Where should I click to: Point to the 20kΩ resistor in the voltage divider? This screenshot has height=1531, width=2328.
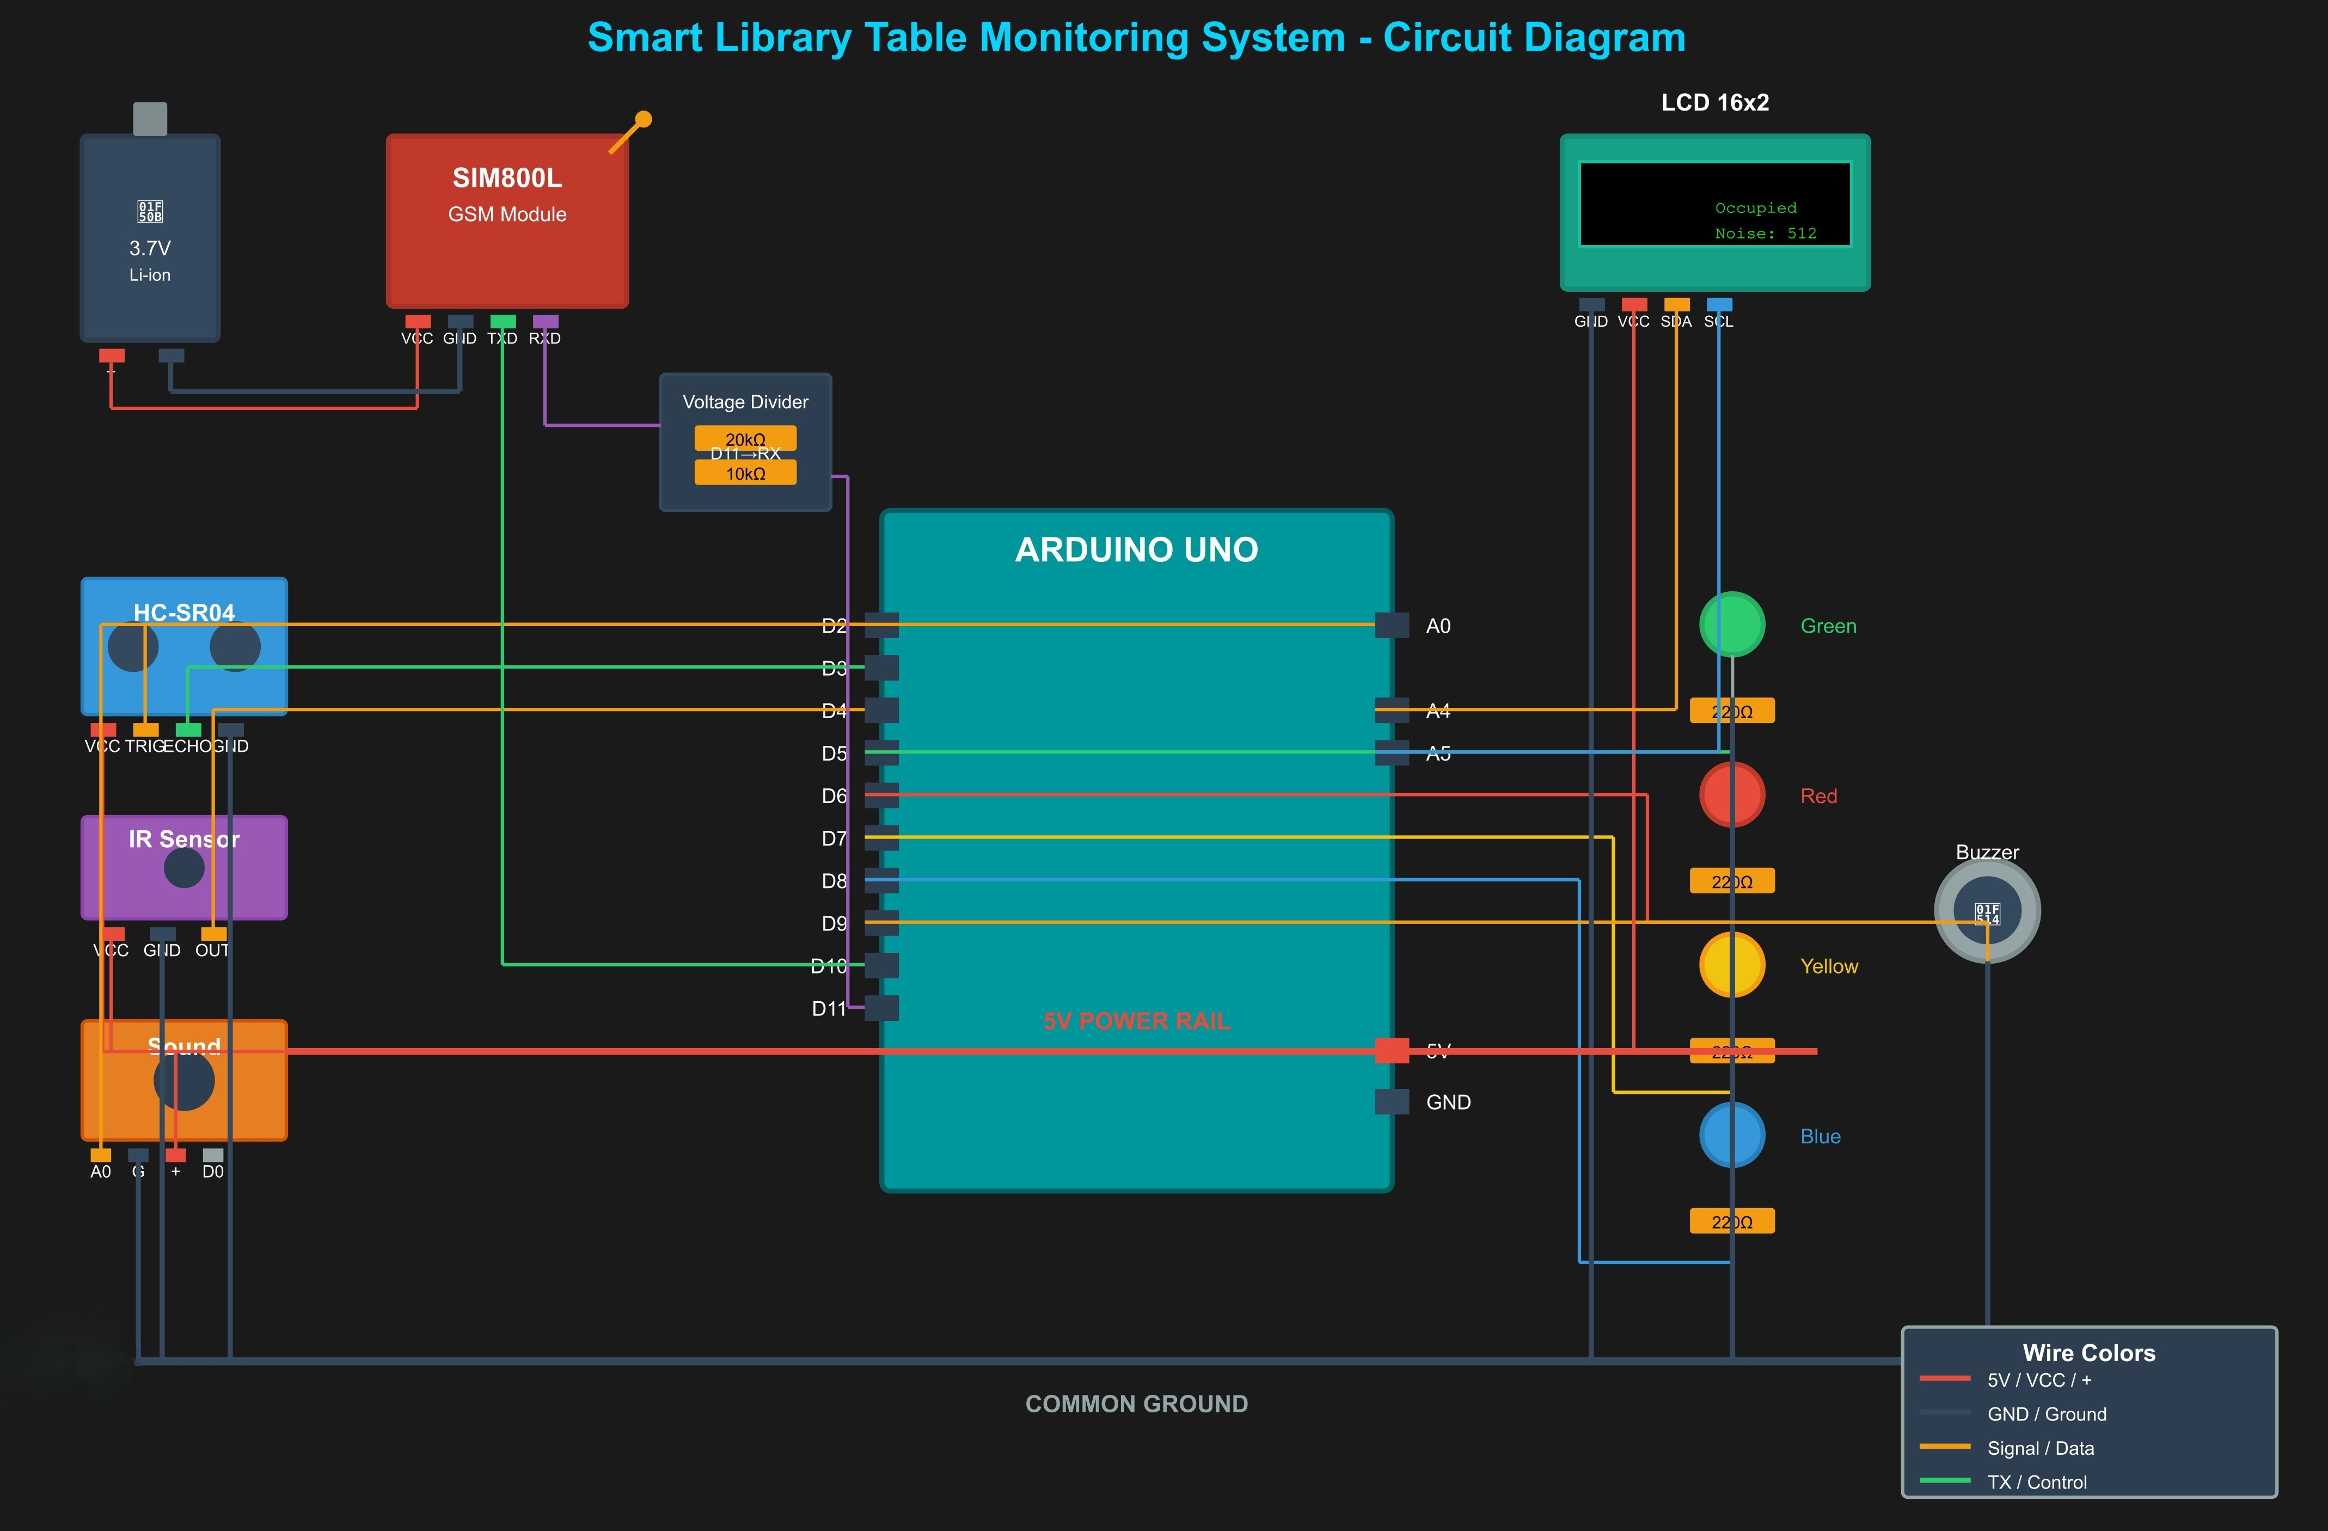[745, 437]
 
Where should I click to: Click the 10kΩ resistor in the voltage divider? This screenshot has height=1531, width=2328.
[745, 474]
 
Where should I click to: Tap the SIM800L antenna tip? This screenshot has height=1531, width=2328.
[644, 119]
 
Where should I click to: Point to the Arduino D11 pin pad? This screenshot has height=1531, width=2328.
[881, 1008]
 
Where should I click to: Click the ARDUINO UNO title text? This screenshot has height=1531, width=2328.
[1137, 550]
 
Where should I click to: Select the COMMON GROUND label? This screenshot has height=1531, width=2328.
[1137, 1404]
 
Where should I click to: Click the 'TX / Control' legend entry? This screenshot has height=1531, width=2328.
[2037, 1482]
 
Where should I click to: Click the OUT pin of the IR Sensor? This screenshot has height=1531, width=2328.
[213, 934]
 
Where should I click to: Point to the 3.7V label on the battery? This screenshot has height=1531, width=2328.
[150, 248]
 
